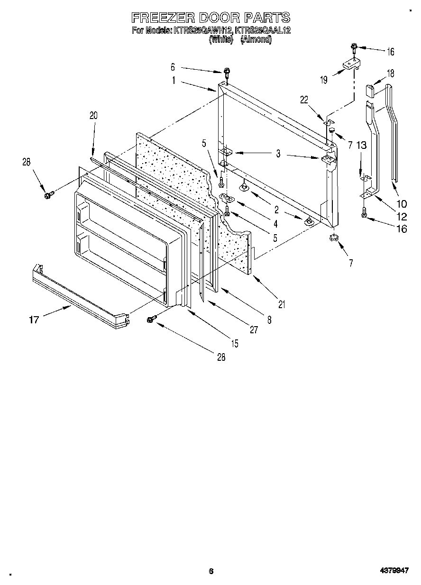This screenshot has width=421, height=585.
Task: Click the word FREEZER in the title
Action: [161, 18]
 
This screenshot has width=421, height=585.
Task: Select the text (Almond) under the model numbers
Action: [256, 40]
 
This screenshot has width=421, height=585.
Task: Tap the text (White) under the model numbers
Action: [221, 40]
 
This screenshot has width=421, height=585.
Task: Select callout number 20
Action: [93, 115]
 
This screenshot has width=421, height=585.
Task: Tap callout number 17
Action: [34, 320]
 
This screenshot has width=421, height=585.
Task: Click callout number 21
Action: [282, 305]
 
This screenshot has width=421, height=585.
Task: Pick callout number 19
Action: [323, 80]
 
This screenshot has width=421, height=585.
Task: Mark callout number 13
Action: [362, 146]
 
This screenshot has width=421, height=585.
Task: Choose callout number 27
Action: [254, 330]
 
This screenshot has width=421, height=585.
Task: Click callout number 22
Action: [304, 99]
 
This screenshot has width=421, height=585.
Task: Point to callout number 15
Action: [235, 344]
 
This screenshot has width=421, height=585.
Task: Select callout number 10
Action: [402, 204]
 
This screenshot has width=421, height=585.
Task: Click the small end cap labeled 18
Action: [370, 90]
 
